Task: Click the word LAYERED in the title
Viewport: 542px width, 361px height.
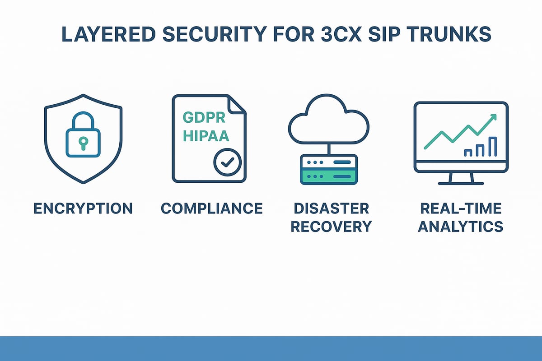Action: point(109,34)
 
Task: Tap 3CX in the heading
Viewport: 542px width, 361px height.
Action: point(342,34)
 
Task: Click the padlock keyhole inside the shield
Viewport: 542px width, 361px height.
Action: point(83,143)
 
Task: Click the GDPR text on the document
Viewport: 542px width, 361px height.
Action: point(204,117)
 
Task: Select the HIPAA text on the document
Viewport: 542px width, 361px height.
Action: point(206,136)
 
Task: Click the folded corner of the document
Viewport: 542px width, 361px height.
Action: point(237,104)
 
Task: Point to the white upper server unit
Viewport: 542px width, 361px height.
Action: point(329,162)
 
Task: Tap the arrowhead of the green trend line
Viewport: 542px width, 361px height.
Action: point(493,117)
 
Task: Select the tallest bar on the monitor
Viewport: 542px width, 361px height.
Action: point(493,147)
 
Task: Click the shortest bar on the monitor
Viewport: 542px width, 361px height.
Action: point(468,153)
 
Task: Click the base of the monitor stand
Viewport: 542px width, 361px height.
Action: point(461,184)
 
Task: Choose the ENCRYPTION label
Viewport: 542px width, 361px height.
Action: point(83,208)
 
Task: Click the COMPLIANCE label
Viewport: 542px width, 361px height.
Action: point(212,208)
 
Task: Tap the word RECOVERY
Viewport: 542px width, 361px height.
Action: point(331,227)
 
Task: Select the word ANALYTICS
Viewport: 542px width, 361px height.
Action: point(461,227)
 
